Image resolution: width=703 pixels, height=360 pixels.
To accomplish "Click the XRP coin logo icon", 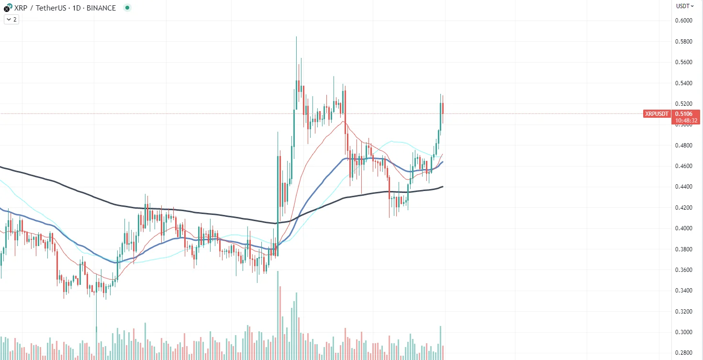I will coord(7,8).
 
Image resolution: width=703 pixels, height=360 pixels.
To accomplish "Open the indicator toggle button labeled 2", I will coord(11,20).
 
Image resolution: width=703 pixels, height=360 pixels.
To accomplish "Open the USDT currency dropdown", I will coord(685,6).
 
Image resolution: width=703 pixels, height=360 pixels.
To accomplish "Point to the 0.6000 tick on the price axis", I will coord(684,21).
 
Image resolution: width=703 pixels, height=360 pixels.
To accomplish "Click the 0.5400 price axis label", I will coord(684,83).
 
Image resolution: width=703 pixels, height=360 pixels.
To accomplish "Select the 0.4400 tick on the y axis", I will coord(684,187).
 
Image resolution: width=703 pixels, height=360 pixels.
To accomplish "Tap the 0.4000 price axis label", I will coord(684,228).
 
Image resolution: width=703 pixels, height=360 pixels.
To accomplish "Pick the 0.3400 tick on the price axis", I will coord(684,291).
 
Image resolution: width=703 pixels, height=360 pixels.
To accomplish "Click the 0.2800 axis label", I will coord(684,353).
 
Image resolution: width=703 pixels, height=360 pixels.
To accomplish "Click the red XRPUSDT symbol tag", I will coord(657,114).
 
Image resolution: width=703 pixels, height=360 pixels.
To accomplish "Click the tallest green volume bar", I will coord(278,316).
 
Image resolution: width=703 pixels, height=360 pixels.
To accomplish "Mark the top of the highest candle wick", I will coord(296,36).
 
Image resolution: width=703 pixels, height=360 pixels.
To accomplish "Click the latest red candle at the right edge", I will coord(443,108).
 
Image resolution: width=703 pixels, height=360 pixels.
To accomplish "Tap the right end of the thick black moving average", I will coord(443,186).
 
